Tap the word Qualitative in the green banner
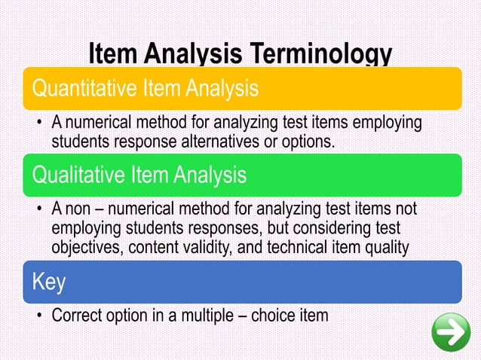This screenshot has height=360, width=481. (75, 175)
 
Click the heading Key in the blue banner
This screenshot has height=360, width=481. (48, 282)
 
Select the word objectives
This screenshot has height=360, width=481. (86, 246)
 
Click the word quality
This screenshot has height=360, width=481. (383, 246)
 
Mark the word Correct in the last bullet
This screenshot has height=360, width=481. (78, 314)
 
